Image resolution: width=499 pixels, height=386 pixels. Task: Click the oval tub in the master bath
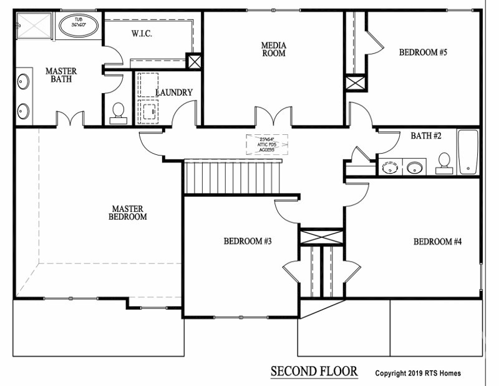[x=78, y=26]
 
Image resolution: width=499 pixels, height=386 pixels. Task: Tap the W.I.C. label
[x=142, y=34]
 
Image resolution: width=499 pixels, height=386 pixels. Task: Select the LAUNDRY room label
[x=174, y=92]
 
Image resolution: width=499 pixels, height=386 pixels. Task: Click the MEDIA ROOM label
[x=273, y=49]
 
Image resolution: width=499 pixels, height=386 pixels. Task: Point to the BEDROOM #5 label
[x=423, y=52]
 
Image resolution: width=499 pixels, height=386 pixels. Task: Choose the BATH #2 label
[x=426, y=136]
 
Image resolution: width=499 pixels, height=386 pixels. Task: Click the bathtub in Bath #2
[x=468, y=152]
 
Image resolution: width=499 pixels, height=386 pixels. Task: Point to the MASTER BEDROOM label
[x=129, y=212]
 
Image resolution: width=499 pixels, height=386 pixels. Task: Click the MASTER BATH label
[x=61, y=75]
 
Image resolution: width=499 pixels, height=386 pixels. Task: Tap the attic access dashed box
[x=267, y=144]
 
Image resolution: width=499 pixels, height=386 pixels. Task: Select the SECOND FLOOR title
[x=314, y=372]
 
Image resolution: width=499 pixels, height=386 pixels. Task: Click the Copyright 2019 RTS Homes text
[x=418, y=374]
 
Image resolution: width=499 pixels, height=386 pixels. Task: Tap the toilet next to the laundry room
[x=117, y=112]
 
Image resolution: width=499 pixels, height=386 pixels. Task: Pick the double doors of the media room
[x=273, y=117]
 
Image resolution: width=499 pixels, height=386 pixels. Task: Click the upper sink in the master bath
[x=23, y=81]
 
